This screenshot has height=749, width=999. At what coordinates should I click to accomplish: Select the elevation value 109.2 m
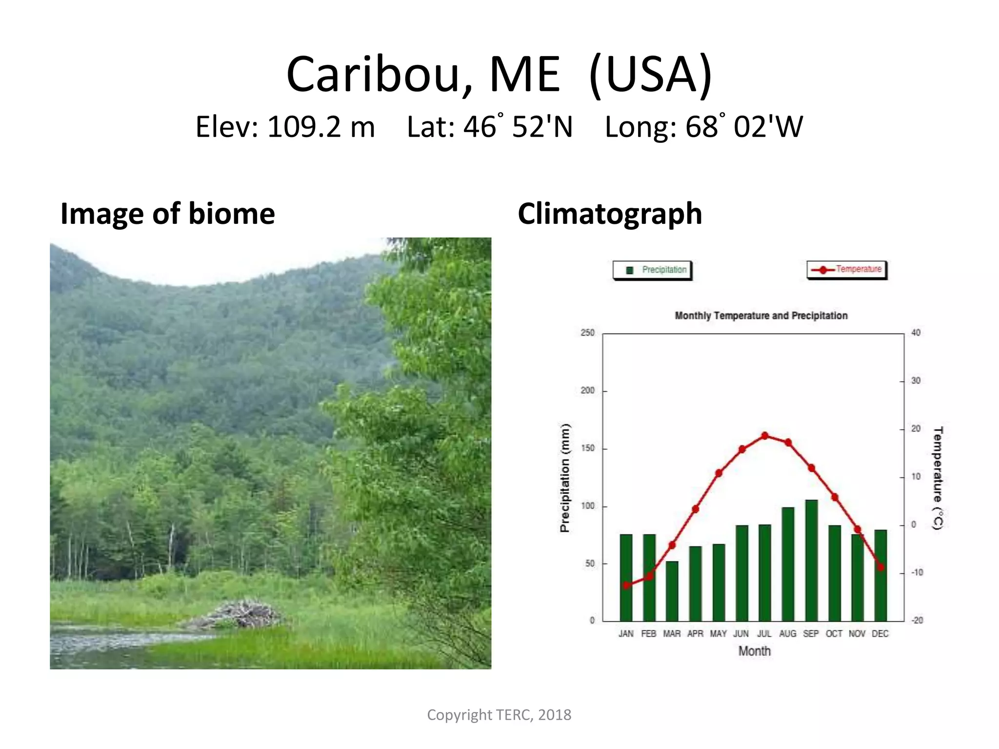coord(320,127)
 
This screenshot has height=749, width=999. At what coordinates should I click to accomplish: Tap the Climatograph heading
coord(610,214)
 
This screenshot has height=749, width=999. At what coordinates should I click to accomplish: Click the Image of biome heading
coord(168,214)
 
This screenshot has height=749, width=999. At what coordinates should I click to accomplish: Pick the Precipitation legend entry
coord(652,270)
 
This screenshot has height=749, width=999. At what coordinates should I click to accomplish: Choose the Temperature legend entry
coord(847,269)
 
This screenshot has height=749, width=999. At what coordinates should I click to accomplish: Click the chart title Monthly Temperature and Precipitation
coord(761,315)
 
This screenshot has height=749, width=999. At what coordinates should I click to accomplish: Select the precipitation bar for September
coord(811,561)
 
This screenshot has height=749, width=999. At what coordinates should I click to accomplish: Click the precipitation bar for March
coord(672,591)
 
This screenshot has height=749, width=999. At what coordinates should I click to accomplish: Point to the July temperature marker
coord(765,435)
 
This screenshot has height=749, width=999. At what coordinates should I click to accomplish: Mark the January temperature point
coord(626,585)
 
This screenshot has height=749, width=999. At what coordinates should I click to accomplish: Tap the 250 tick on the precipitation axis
coord(588,333)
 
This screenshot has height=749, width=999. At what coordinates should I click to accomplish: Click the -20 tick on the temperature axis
coord(917,620)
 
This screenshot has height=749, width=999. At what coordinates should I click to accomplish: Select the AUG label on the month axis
coord(787,633)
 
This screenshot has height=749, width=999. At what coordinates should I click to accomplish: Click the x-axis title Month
coord(754,651)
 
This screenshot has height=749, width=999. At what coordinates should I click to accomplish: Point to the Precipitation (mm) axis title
coord(564,478)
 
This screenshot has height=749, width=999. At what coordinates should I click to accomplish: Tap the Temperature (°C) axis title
coord(938,478)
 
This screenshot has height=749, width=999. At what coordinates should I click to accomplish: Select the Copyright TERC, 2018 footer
coord(499,715)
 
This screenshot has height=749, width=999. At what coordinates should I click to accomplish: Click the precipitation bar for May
coord(719,583)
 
